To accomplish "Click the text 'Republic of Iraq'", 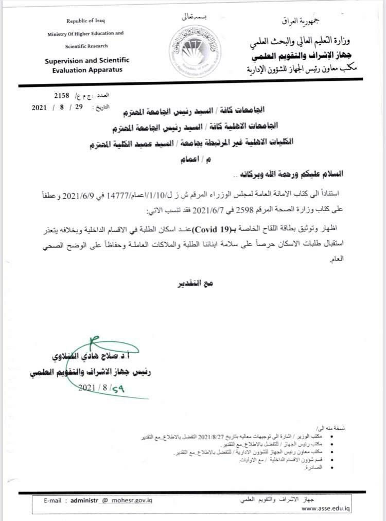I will [x=84, y=21].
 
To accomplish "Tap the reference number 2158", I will [x=61, y=96].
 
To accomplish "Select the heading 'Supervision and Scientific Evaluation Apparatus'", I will [x=86, y=65].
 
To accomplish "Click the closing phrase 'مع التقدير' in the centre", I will [x=197, y=283].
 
